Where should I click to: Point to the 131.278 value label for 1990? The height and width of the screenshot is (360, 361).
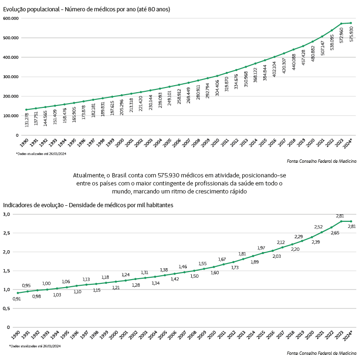tap(27, 119)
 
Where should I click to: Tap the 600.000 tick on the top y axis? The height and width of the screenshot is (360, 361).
tap(10, 18)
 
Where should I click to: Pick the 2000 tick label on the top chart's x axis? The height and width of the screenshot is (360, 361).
tap(120, 143)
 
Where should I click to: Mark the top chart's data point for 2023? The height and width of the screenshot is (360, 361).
tap(341, 24)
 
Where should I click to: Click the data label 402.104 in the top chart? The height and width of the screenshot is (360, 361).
tap(275, 68)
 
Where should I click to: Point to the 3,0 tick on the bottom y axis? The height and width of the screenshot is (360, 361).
tap(6, 214)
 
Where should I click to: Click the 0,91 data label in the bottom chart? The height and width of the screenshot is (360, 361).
tap(17, 299)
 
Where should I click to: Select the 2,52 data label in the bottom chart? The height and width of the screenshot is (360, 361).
tap(319, 227)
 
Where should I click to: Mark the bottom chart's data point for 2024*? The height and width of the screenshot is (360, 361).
tap(351, 221)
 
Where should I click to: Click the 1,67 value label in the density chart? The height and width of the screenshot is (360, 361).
tap(222, 259)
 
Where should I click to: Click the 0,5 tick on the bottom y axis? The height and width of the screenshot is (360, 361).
tap(6, 308)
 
